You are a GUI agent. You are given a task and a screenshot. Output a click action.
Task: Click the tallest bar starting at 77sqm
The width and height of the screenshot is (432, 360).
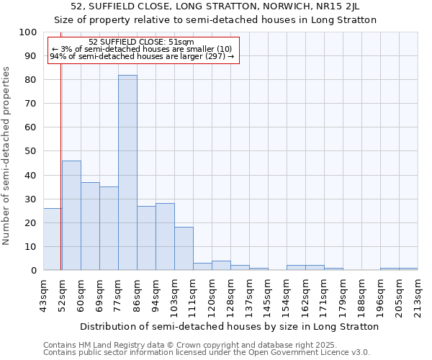click(127, 173)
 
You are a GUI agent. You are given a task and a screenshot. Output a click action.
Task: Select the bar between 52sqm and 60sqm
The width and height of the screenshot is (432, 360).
click(71, 216)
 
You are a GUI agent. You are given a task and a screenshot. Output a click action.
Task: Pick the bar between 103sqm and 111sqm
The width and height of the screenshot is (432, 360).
click(184, 249)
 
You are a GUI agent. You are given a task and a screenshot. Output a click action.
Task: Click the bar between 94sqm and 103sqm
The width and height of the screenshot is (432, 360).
click(165, 237)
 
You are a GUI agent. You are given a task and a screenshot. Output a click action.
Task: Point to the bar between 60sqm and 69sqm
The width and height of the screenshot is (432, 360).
click(90, 227)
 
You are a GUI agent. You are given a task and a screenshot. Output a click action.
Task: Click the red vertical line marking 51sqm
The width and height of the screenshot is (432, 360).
click(60, 144)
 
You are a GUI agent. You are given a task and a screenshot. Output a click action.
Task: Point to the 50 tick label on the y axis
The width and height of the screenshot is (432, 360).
click(30, 151)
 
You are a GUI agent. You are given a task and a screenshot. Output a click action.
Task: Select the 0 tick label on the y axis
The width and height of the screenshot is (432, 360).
click(33, 270)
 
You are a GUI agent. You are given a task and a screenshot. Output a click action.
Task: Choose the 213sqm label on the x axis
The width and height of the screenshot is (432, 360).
click(418, 295)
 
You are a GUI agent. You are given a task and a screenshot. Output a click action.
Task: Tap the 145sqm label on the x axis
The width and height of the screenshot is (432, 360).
click(269, 295)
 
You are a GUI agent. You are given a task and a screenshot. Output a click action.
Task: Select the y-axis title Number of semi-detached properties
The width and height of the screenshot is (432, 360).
click(7, 156)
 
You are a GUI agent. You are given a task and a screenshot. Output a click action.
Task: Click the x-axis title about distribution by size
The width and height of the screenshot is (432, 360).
click(229, 326)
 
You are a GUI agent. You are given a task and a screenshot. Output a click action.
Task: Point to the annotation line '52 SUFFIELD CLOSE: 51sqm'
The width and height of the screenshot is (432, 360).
click(141, 42)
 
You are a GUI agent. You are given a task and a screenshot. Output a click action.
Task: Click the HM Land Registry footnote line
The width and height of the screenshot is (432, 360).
click(190, 345)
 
